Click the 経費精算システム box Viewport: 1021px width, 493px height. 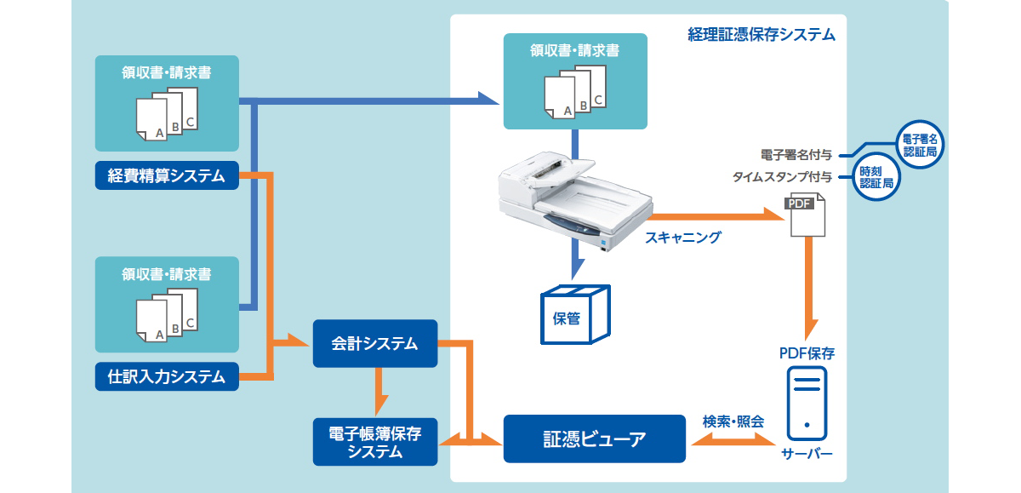click(x=167, y=176)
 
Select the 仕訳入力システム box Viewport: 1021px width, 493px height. click(x=167, y=376)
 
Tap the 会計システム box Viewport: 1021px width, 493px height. click(x=374, y=343)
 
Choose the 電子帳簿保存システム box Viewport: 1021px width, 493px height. click(x=374, y=442)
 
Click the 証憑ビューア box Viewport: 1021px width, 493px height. click(x=594, y=439)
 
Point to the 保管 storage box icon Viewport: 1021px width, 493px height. click(x=575, y=316)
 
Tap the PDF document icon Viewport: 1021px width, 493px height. click(x=803, y=214)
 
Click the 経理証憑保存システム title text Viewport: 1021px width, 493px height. click(x=761, y=35)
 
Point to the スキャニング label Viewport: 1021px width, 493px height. click(x=682, y=238)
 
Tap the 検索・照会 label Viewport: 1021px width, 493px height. click(x=733, y=421)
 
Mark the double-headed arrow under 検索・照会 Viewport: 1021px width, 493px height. click(x=733, y=439)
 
